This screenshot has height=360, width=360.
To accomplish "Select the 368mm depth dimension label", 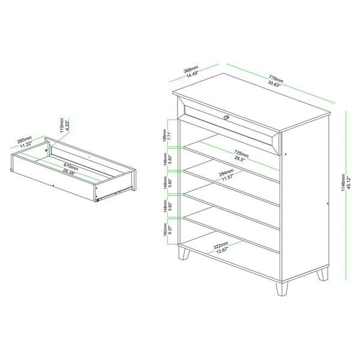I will (x=192, y=71).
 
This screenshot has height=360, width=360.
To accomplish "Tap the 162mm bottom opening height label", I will (x=166, y=231).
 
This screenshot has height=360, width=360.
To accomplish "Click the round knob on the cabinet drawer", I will (x=227, y=117).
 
